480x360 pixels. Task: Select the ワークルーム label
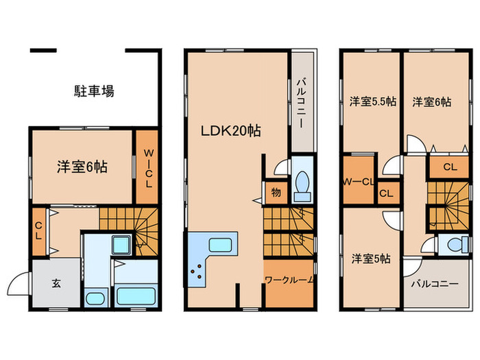289,280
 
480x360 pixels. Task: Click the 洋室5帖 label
371,259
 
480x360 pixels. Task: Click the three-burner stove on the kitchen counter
198,272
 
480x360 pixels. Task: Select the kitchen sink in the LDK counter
221,245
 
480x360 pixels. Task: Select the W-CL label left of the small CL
357,182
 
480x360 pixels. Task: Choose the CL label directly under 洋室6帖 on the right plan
451,166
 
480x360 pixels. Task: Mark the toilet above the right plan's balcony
453,243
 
